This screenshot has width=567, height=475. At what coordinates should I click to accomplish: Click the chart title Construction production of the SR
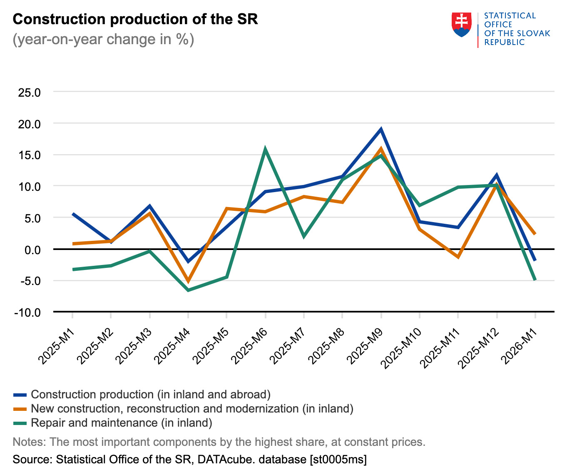tap(135, 19)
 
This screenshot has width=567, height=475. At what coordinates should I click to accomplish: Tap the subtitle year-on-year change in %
tap(103, 40)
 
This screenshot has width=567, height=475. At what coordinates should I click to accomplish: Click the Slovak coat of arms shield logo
tap(461, 25)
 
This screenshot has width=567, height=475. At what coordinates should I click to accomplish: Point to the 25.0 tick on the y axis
tap(29, 92)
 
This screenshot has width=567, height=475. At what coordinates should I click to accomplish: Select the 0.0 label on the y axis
tap(32, 250)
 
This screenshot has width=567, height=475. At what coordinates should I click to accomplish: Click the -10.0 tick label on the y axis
tap(27, 312)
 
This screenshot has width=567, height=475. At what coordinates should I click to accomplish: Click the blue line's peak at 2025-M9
tap(381, 129)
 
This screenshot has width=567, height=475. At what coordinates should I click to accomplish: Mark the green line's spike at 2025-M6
tap(265, 149)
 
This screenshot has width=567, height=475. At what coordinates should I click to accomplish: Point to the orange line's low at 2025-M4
tap(188, 281)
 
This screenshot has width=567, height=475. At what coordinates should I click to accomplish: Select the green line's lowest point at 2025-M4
tap(188, 290)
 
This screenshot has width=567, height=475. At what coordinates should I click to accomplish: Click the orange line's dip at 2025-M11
tap(458, 257)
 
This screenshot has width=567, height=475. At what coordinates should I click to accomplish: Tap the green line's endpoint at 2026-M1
tap(535, 280)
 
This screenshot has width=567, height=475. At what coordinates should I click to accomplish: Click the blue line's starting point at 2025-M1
tap(73, 214)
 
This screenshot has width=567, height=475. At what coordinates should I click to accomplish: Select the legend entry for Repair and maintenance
tap(122, 423)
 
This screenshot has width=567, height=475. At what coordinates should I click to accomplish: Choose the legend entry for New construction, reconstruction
tap(192, 409)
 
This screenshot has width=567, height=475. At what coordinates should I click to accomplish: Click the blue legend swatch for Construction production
tap(20, 395)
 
